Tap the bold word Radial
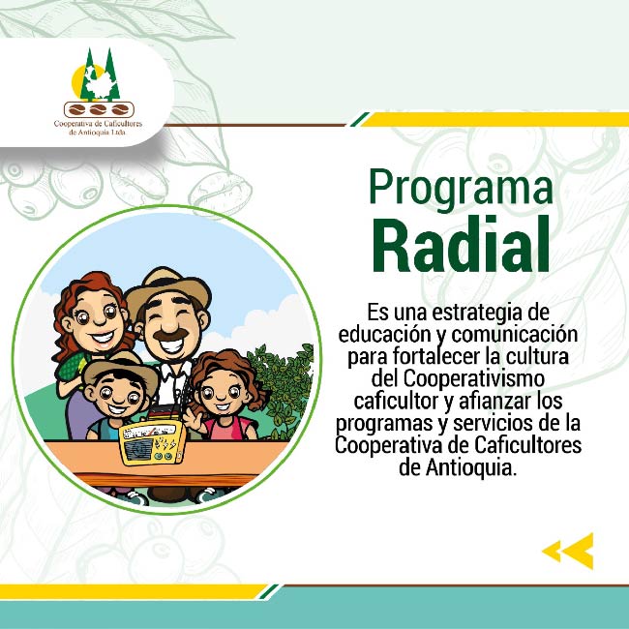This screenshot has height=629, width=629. pos(461,244)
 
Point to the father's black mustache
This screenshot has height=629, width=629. pos(171,335)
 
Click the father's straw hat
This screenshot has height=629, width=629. pos(167,289)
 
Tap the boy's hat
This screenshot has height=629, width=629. pos(120,370)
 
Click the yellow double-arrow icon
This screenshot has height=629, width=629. pos(568,551)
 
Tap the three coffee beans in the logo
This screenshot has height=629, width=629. pos(99,109)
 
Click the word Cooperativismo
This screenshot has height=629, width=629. pos(474,378)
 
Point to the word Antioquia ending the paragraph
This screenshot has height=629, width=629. pos(468,467)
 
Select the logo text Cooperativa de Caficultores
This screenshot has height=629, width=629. pos(99,124)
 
